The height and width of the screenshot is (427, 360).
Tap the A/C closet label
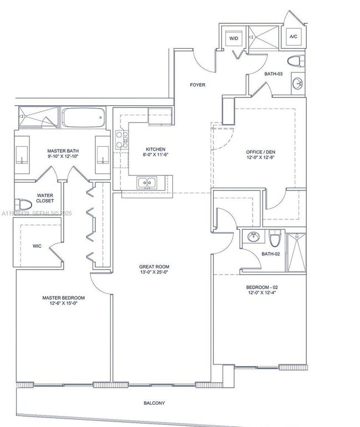point(292,37)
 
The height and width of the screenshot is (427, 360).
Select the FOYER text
point(197,85)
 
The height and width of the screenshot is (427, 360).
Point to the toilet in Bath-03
point(294,60)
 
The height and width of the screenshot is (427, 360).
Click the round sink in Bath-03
point(297,84)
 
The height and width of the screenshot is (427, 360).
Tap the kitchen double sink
point(147,182)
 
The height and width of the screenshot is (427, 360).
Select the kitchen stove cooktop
point(121,141)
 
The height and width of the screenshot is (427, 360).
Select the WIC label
point(37,245)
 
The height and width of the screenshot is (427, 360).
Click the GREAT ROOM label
point(154,267)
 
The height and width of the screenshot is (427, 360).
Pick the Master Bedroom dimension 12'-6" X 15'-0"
point(63,304)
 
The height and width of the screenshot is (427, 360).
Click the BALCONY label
point(155,403)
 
